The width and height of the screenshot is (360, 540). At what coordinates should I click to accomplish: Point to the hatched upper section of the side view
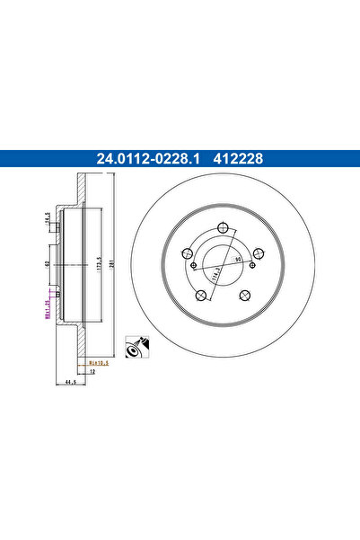82,193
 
